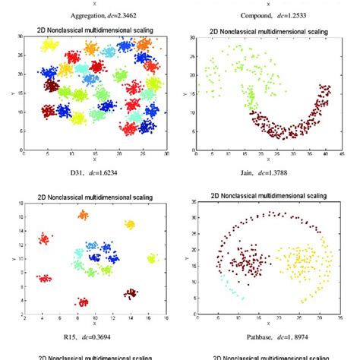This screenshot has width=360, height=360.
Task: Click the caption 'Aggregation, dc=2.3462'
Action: (93, 14)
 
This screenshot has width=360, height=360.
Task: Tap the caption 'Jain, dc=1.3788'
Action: (267, 173)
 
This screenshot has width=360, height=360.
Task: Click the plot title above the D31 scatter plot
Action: (94, 30)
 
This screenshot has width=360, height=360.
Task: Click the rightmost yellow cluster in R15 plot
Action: (151, 259)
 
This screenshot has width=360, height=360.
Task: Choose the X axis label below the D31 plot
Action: (93, 160)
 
